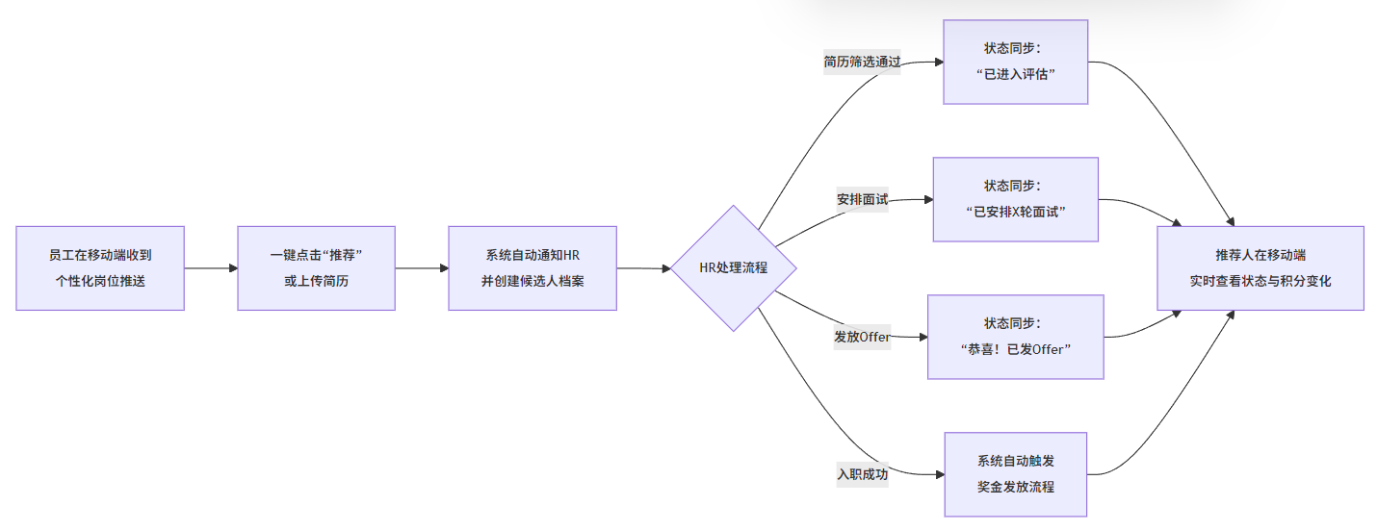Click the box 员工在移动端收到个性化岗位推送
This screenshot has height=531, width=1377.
tap(99, 268)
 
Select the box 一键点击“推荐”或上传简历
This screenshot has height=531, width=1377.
tap(316, 268)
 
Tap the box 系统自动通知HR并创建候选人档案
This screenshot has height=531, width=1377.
tap(532, 268)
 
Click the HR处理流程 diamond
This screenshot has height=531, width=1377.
tap(734, 268)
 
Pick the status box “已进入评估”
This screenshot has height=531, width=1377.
tap(1015, 62)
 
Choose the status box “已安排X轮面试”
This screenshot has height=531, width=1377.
tap(1015, 199)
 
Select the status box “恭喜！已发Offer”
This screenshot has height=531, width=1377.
tap(1015, 337)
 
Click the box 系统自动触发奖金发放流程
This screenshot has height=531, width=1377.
tap(1015, 474)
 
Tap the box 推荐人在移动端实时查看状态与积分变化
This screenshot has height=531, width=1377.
tap(1260, 268)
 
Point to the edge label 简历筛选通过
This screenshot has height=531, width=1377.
tap(862, 63)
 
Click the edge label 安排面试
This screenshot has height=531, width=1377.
tap(862, 200)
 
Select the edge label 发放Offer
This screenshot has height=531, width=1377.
tap(862, 337)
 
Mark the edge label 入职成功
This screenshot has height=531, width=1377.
tap(862, 474)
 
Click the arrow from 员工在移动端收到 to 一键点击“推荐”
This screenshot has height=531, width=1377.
tap(210, 268)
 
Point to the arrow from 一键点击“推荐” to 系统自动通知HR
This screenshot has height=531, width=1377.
tap(421, 268)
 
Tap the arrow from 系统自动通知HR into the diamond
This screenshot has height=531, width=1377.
tap(643, 268)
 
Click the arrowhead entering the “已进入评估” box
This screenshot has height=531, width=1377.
tap(938, 62)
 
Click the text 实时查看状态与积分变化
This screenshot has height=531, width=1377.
tap(1260, 281)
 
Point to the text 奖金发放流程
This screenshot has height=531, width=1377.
tap(1015, 487)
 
